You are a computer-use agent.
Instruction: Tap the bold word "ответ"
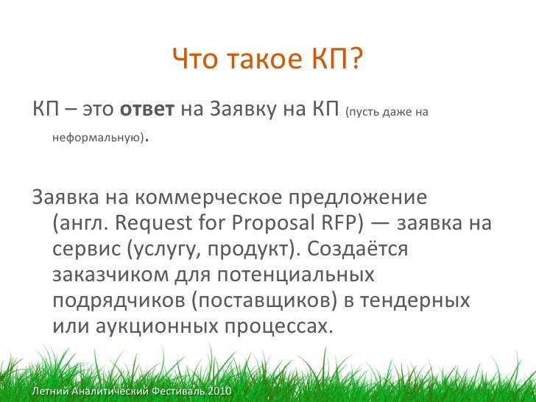pyautogui.click(x=147, y=111)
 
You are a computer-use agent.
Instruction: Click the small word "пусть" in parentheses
pyautogui.click(x=362, y=113)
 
